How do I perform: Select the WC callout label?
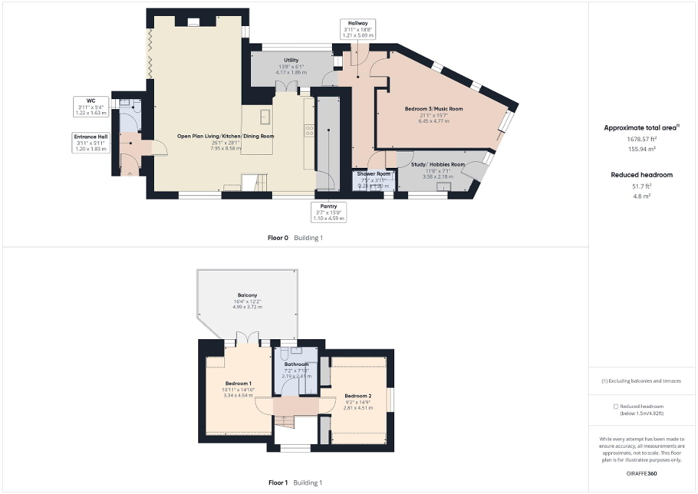pyautogui.click(x=91, y=106)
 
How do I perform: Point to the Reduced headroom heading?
pyautogui.click(x=641, y=174)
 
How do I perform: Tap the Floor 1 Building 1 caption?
pyautogui.click(x=295, y=482)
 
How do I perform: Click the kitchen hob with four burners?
pyautogui.click(x=309, y=130)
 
